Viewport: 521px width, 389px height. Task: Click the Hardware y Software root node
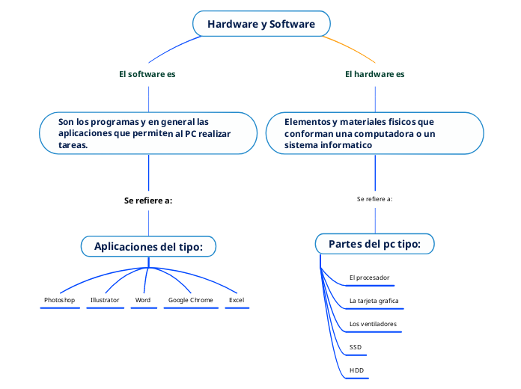261,24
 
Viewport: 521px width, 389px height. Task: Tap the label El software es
147,74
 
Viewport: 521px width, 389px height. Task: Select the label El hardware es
374,74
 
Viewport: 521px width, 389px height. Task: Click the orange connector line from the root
352,47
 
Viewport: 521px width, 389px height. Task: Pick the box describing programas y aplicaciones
148,133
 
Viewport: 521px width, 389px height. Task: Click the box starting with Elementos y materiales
374,133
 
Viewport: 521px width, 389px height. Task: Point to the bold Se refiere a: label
148,200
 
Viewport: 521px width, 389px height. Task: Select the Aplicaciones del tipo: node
154,247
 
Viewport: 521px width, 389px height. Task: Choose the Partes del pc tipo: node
374,244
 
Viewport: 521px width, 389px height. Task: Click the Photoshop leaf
60,300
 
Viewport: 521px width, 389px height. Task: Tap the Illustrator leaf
105,300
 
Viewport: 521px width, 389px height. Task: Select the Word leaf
143,300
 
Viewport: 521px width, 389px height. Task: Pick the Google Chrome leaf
191,300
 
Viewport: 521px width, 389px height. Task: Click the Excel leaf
237,300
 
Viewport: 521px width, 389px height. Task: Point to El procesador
370,278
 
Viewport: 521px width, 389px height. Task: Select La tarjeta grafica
374,301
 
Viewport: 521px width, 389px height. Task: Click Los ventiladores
373,324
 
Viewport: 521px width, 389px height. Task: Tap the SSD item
356,347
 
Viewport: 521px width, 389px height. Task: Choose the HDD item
356,370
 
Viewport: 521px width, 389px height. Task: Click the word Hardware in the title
232,24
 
